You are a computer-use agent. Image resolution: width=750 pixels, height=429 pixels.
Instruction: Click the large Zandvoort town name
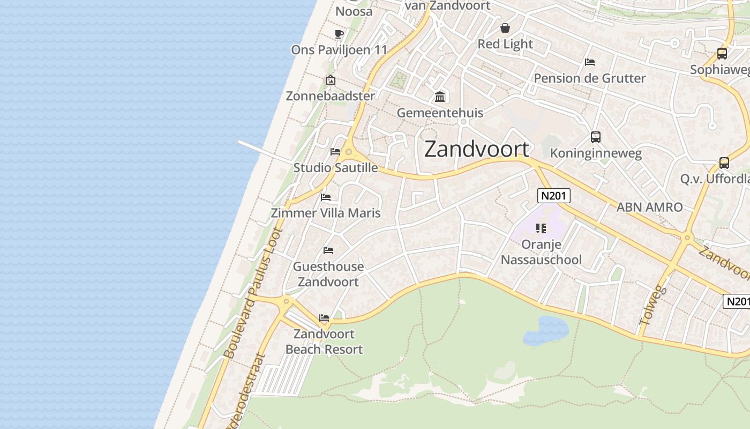pos(477,149)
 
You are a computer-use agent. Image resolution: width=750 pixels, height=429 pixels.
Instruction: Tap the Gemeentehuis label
pos(440,113)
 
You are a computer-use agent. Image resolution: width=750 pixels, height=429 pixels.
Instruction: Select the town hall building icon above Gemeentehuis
pos(440,97)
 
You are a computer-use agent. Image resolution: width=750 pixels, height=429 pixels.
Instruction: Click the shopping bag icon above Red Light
pos(505,28)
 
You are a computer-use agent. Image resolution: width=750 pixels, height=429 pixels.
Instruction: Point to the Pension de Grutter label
pos(590,78)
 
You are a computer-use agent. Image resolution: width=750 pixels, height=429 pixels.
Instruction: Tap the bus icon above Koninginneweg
pos(595,137)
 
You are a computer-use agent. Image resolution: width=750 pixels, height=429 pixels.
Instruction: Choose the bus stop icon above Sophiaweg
pos(722,54)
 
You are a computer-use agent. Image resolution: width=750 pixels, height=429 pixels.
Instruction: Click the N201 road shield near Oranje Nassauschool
pos(553,196)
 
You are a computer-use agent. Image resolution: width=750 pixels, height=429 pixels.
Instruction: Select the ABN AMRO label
pos(649,207)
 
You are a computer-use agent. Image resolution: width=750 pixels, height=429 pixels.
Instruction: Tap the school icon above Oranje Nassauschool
pos(541,228)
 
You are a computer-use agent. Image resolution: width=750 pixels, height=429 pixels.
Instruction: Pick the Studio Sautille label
pos(335,168)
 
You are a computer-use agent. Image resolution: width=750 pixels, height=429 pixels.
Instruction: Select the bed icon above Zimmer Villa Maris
pos(325,197)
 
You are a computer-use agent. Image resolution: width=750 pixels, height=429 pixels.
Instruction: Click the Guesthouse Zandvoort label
pos(328,274)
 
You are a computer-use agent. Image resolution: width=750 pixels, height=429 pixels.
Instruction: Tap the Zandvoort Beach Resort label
pos(324,342)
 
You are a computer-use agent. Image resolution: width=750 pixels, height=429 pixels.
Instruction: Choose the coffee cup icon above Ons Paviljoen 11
pos(339,34)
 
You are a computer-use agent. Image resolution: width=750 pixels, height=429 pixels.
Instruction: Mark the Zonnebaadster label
pos(330,96)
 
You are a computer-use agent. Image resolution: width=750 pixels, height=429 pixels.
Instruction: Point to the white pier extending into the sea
pos(265,152)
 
